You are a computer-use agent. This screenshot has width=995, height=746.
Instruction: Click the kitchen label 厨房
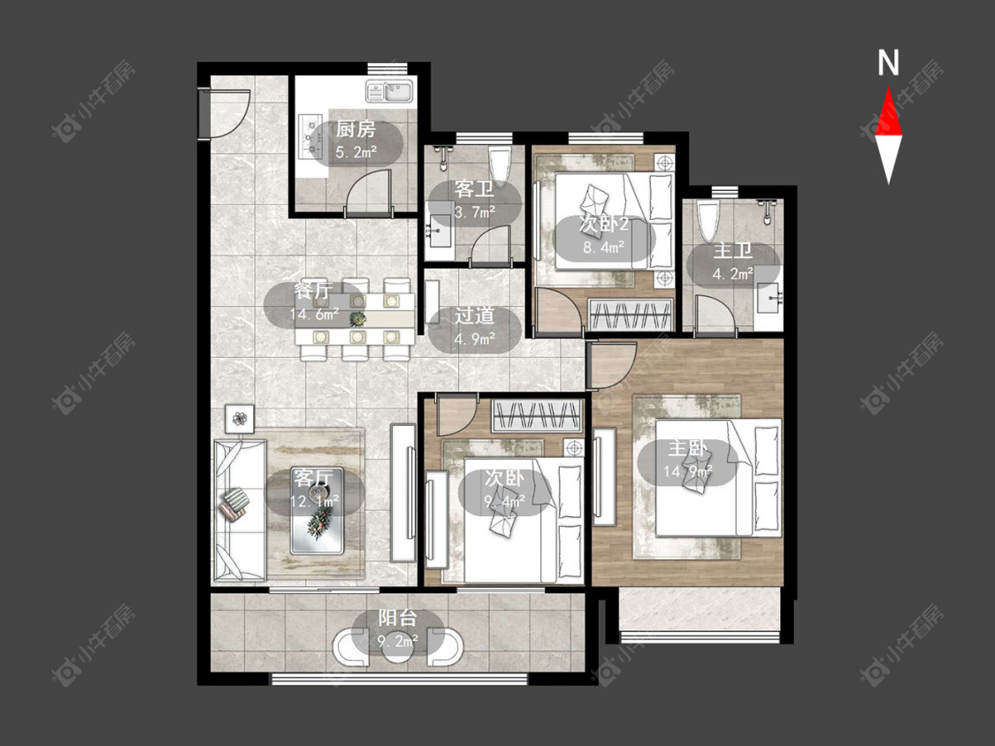click(356, 130)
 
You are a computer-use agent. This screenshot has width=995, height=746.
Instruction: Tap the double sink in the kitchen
click(390, 91)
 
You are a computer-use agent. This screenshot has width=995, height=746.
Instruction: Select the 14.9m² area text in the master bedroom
click(688, 471)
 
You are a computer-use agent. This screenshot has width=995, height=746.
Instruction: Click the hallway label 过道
click(474, 316)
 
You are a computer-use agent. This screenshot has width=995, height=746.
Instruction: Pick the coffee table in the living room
click(318, 510)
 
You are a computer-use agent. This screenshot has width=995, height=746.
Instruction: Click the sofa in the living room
click(239, 510)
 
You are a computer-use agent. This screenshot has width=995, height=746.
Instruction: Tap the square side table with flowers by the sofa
click(240, 419)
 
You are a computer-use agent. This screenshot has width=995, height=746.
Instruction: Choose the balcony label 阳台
click(398, 618)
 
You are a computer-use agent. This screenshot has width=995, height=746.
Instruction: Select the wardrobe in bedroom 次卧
click(538, 416)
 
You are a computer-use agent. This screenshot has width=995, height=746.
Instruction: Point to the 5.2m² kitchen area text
click(356, 152)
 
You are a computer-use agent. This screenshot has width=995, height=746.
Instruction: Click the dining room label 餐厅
click(313, 291)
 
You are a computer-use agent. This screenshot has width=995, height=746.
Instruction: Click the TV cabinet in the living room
click(403, 492)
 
